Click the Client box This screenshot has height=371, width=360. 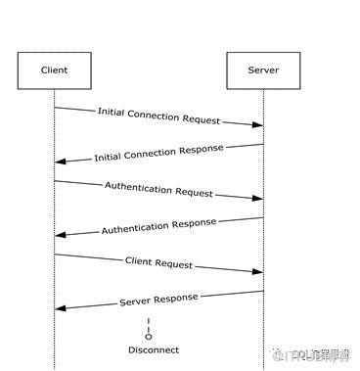(55, 71)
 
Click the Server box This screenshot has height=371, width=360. (263, 71)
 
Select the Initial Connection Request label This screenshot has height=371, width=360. (158, 116)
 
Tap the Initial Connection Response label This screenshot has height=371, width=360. (158, 153)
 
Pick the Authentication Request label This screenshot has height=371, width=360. (158, 189)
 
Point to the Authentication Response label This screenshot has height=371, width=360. (158, 226)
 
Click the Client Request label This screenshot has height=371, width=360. (158, 262)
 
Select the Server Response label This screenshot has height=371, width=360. (158, 299)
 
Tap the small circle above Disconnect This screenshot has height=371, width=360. (149, 336)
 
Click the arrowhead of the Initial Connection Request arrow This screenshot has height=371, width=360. (258, 125)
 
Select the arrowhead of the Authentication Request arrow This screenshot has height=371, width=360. (258, 199)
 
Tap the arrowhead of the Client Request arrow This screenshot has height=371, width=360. (258, 271)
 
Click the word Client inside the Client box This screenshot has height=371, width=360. (55, 71)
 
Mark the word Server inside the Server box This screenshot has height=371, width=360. (263, 71)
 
